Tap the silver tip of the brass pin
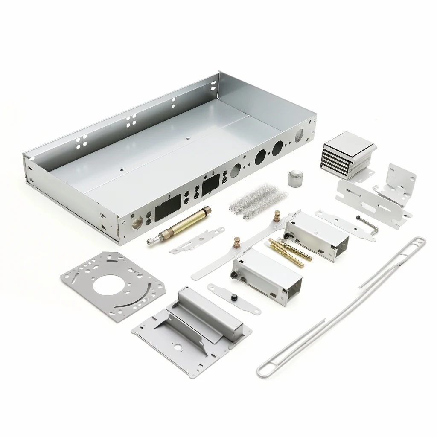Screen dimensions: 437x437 (150, 242)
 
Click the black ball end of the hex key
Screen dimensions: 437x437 (358, 218)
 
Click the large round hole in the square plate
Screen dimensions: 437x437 (107, 285)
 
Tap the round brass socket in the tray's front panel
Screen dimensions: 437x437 (137, 222)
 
